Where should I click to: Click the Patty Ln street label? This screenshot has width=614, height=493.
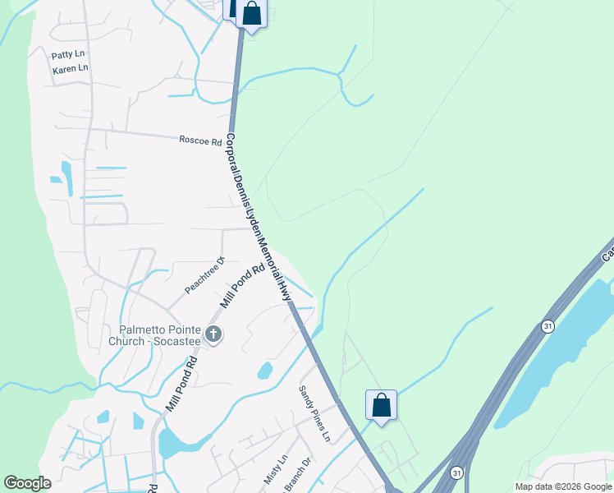(68, 55)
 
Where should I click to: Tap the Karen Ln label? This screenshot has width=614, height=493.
(70, 69)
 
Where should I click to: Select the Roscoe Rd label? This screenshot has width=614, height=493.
(200, 141)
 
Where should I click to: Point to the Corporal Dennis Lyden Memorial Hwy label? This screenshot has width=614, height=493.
(259, 217)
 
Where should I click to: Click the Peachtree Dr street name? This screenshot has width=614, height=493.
(204, 275)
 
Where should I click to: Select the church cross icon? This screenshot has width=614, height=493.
(213, 334)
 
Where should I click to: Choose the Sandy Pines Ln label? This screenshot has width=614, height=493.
(314, 413)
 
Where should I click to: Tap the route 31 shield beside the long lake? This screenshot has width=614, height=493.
(547, 326)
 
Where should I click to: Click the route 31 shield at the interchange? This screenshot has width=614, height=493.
(456, 472)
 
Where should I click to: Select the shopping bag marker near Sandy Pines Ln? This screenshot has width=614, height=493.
(381, 404)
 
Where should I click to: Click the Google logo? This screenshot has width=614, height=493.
(28, 483)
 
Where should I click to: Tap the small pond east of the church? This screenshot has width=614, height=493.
(264, 370)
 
